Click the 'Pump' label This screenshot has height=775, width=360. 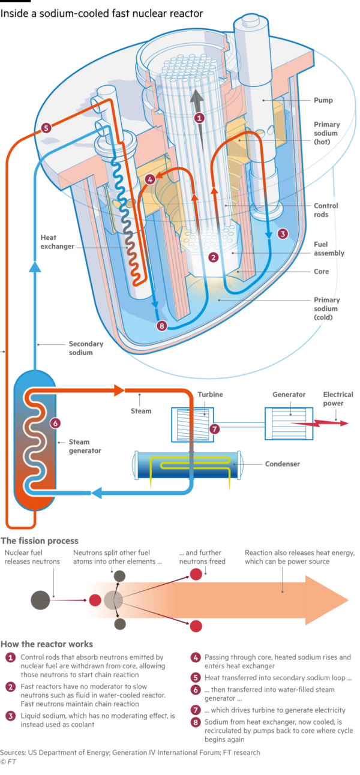[x=323, y=100]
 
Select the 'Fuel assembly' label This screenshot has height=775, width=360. [x=329, y=248]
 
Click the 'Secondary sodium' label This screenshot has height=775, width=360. [x=86, y=349]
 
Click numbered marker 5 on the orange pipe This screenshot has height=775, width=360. [x=46, y=128]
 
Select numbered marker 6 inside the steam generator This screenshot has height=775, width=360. [x=55, y=422]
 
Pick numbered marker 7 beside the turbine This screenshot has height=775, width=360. [x=214, y=429]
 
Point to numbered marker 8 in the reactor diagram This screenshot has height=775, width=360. [x=161, y=326]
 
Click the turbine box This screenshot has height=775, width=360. [x=189, y=421]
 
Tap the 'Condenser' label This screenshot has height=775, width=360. [x=281, y=464]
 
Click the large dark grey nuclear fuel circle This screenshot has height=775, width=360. [x=40, y=599]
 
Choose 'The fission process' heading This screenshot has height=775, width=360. [x=40, y=540]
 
